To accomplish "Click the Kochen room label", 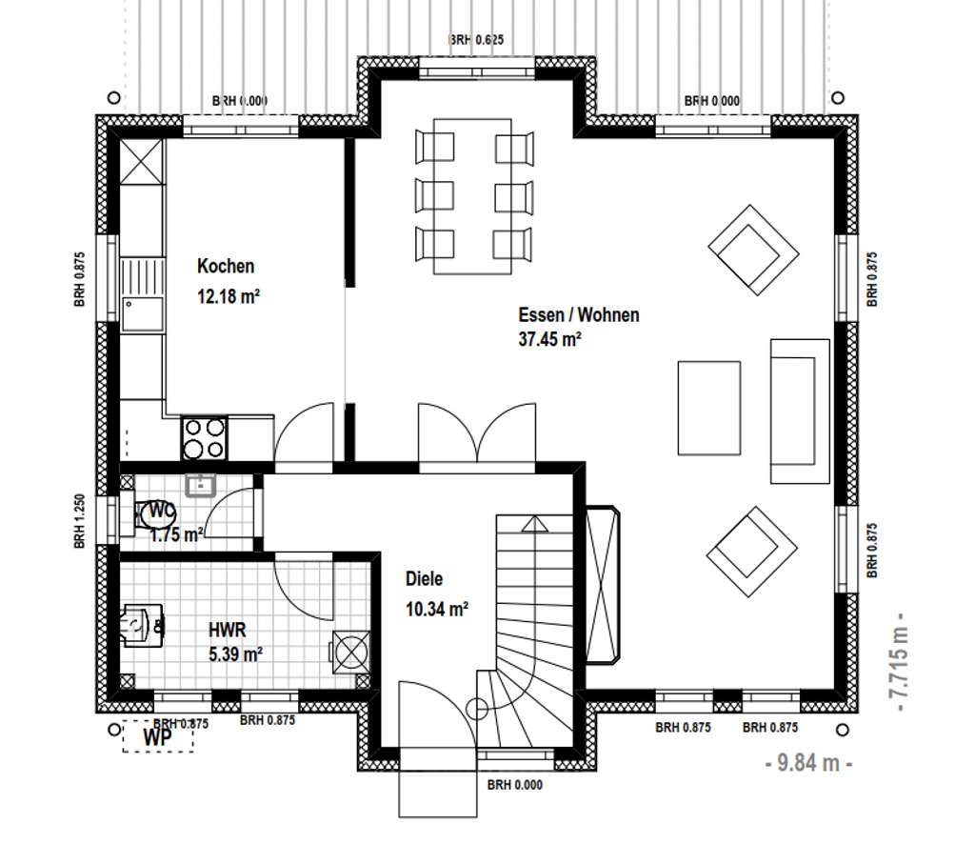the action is [226, 266].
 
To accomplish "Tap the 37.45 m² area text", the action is [549, 339].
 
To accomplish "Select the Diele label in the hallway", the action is [424, 579].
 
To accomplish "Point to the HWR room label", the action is [227, 630].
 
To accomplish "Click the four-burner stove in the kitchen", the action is [204, 438].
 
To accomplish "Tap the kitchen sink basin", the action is [143, 314].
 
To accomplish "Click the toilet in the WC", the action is [153, 515].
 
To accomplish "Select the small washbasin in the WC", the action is [200, 485].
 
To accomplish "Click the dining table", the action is [472, 196].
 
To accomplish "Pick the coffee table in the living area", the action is [708, 408].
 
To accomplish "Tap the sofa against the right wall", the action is [800, 412].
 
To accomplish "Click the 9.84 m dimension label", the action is [808, 762].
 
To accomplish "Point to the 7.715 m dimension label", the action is [899, 662].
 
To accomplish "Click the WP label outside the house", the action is [157, 737].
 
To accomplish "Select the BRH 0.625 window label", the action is [476, 40].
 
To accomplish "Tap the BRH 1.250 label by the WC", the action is [80, 521].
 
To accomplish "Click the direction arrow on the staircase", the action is [534, 524].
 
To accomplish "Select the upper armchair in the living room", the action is [754, 250].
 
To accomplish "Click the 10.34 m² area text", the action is [436, 610].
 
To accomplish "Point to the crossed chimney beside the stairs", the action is [603, 585].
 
